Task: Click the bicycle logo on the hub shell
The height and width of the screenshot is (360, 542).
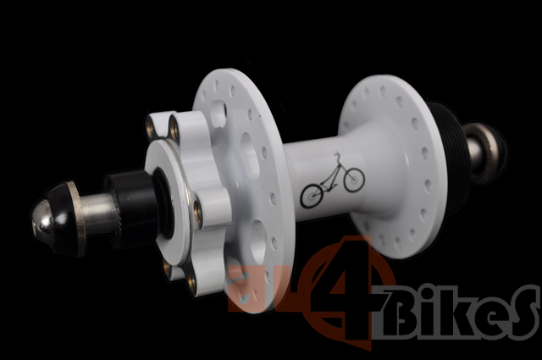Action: pyautogui.click(x=333, y=180)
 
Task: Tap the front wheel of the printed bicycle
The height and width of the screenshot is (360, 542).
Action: pyautogui.click(x=354, y=180)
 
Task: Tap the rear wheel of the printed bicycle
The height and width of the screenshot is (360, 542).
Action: pyautogui.click(x=311, y=196)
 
